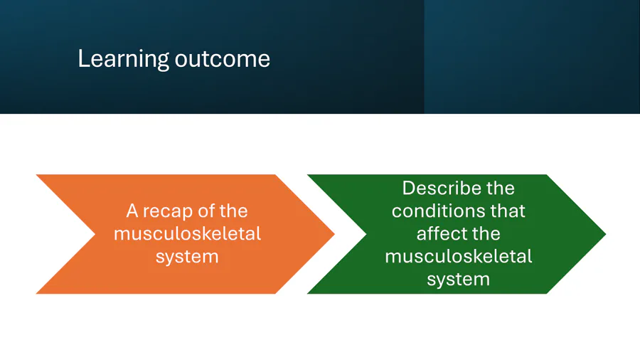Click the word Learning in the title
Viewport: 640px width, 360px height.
coord(123,60)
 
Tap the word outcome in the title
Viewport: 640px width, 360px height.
coord(223,60)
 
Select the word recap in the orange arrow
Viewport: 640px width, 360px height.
coord(167,211)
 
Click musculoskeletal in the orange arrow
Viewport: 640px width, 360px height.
coord(187,234)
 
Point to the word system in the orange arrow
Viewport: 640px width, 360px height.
coord(187,257)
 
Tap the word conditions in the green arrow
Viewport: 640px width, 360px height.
coord(435,211)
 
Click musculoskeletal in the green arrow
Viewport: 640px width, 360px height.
coord(459,257)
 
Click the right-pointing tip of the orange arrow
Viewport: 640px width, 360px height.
coord(334,234)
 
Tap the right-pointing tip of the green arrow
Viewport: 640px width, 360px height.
coord(606,234)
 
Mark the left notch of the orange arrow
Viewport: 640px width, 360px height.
coord(95,234)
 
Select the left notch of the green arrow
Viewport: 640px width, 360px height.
coord(366,234)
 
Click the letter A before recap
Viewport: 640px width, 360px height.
coord(132,211)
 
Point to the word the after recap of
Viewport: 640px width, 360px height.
coord(233,211)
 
